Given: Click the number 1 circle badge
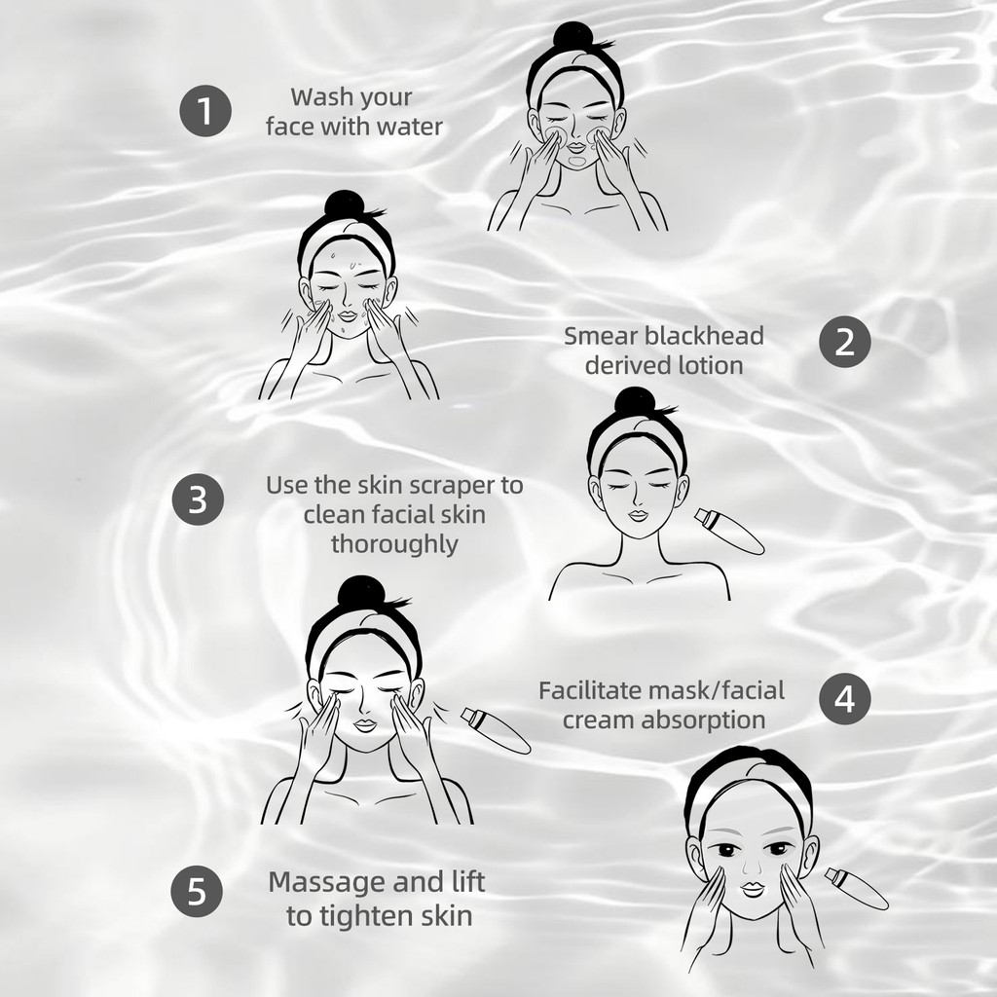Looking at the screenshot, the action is point(204,111).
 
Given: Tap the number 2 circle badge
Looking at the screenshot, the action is point(844,342).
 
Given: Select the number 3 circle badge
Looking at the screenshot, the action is point(199,498).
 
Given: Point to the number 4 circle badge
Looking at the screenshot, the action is point(844,698).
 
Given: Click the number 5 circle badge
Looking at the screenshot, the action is point(197,891).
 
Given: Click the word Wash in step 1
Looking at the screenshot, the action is point(321,97).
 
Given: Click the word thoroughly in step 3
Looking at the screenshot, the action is point(394,544).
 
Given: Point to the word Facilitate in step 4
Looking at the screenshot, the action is point(589,690).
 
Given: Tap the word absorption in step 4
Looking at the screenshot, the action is point(703,720).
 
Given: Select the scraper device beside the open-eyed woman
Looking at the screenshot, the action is point(856,889).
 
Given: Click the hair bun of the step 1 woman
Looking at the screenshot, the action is point(572,36).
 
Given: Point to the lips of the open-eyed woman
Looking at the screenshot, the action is point(753,888).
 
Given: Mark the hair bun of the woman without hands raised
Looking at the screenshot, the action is point(635,402).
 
